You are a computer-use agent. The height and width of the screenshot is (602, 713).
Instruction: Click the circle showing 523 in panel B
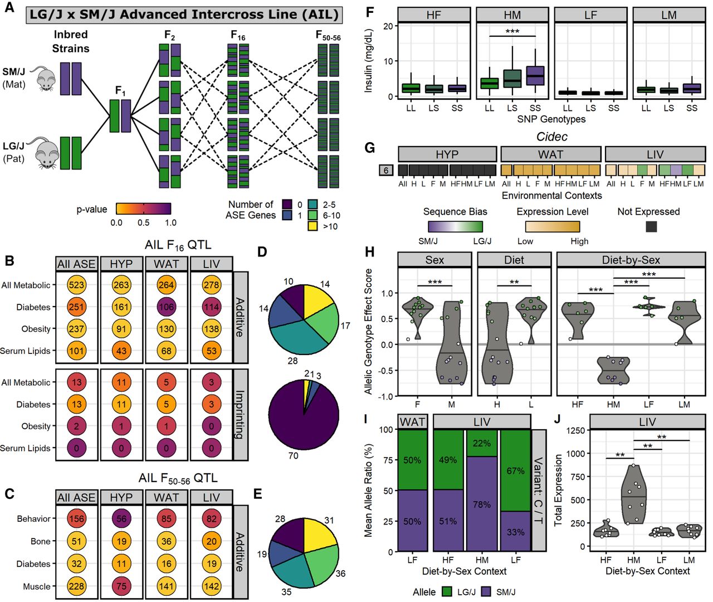77,285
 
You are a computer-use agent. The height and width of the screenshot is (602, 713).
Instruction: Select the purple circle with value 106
167,307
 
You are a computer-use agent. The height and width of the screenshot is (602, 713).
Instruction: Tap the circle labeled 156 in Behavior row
77,519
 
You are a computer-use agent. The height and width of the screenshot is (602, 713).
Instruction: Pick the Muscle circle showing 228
77,586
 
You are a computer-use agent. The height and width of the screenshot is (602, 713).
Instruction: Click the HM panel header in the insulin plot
512,15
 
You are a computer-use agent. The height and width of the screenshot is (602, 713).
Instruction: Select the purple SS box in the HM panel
535,76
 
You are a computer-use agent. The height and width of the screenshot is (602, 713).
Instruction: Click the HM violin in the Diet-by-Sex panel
613,371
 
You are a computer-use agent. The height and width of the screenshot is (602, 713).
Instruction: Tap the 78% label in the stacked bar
482,504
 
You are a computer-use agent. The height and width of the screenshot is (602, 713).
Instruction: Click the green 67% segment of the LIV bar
515,471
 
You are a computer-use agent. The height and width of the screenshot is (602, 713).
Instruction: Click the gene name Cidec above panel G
551,137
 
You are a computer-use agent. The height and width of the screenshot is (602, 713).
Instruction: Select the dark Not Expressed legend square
651,226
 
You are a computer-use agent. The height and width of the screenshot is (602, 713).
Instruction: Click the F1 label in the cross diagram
120,90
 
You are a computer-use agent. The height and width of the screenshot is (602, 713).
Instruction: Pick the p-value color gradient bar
143,209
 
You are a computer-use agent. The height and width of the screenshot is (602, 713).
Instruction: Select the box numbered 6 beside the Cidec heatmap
386,171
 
